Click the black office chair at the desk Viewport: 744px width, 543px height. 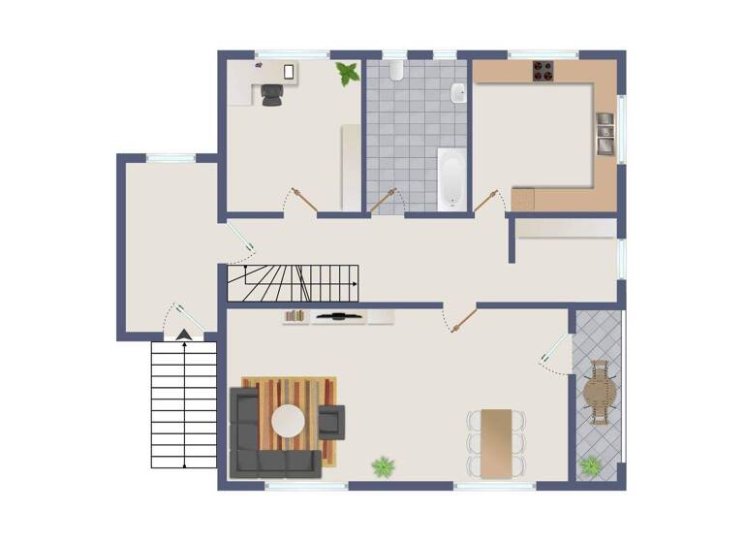click(272, 94)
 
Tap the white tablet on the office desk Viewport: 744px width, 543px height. click(290, 70)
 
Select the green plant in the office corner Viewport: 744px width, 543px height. click(347, 73)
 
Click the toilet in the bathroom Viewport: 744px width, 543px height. click(394, 71)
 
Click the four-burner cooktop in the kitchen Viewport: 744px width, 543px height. click(543, 71)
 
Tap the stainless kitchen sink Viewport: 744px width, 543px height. click(604, 133)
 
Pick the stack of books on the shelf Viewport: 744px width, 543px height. click(295, 315)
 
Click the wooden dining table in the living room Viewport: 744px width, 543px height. click(496, 442)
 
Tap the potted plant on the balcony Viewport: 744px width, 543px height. click(590, 465)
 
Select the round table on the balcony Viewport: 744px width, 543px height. click(600, 393)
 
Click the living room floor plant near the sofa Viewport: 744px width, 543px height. click(384, 466)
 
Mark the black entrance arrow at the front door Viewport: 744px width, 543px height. click(182, 335)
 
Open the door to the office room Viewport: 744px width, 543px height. click(304, 201)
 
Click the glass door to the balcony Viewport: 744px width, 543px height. click(555, 351)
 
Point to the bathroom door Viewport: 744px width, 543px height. click(385, 200)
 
